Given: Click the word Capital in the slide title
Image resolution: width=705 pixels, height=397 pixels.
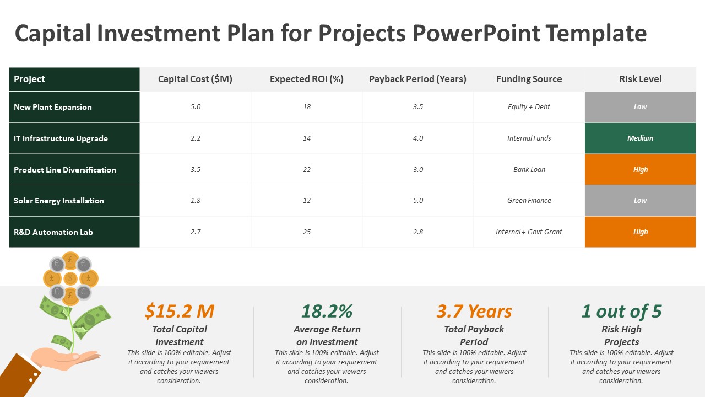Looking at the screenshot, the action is click(x=53, y=34).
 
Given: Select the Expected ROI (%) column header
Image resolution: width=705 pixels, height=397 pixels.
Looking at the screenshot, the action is click(x=307, y=79).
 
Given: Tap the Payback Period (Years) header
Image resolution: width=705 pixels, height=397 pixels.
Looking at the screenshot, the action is click(x=417, y=79).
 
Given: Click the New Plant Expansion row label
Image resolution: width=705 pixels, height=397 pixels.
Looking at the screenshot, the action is click(x=53, y=107).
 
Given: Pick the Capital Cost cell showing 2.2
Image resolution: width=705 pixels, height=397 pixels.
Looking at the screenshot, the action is click(x=196, y=138).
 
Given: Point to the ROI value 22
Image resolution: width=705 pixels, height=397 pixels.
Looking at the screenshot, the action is click(x=307, y=169).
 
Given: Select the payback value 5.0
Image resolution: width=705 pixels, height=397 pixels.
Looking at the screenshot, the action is click(x=418, y=201).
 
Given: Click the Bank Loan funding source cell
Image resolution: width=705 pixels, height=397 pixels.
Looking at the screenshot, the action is click(x=529, y=169).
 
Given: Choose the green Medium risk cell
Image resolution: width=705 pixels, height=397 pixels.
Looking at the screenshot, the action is click(x=640, y=138).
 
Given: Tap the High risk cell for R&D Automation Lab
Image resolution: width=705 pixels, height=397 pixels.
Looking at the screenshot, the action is click(x=640, y=232).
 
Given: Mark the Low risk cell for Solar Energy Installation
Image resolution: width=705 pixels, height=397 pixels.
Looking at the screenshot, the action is click(x=640, y=201).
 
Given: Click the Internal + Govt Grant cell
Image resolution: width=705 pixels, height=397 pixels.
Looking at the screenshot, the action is click(x=529, y=232).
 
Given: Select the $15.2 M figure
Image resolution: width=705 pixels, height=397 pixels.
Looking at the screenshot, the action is click(x=180, y=312).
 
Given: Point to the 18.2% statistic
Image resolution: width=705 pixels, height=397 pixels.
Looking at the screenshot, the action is click(x=327, y=312).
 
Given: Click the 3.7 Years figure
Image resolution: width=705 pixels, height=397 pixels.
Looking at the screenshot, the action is click(x=474, y=312).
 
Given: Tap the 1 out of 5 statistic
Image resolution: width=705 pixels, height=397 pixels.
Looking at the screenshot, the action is click(x=621, y=312).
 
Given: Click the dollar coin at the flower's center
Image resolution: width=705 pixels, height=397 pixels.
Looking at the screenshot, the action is click(x=70, y=278).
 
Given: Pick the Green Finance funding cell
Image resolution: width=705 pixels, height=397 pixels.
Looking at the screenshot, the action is click(x=529, y=201).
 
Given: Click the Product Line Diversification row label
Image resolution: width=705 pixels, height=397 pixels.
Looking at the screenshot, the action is click(x=65, y=170).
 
